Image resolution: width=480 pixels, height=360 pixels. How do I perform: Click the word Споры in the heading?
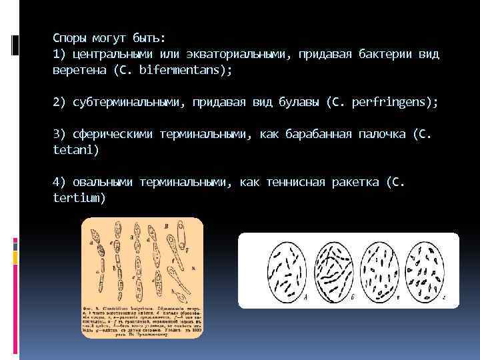(69, 37)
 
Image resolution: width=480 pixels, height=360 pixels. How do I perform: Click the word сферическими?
(111, 135)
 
